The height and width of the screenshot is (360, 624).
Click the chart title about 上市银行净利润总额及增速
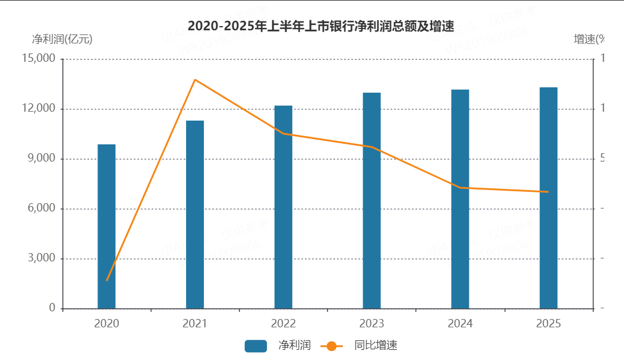tap(321, 26)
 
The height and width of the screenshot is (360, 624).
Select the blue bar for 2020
tap(106, 226)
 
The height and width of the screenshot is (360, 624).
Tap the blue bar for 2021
tap(195, 214)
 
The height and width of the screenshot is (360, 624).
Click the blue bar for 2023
tap(372, 200)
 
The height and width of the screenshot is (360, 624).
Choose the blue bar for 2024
tap(460, 199)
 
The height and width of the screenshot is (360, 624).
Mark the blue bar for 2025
tap(549, 198)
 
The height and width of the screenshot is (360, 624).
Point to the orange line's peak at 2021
tap(195, 80)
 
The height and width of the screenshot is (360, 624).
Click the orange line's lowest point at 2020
tap(107, 280)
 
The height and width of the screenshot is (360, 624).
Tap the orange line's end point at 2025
tap(548, 192)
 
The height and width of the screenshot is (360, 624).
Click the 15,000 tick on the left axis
tap(37, 59)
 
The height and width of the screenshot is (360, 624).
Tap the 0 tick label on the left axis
tap(52, 308)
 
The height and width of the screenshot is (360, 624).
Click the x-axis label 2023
tap(372, 324)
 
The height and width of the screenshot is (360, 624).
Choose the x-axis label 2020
tap(106, 324)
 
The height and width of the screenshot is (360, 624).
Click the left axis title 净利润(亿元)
tap(62, 40)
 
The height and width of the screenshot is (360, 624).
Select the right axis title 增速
tap(589, 40)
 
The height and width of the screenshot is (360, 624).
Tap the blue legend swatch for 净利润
tap(256, 346)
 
